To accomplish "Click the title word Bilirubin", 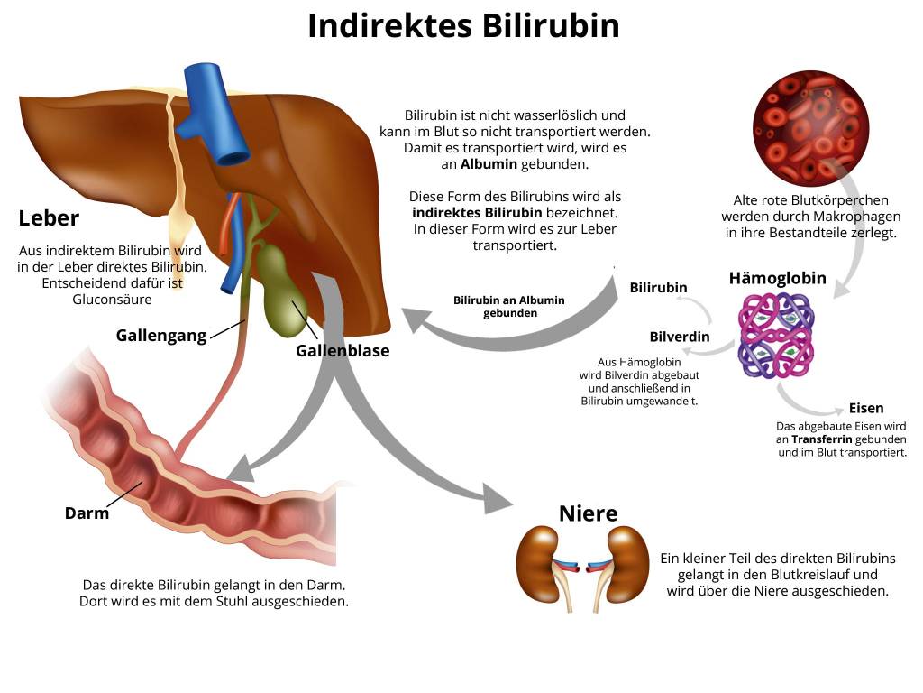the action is pyautogui.click(x=551, y=26).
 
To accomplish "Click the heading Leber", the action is pyautogui.click(x=49, y=218).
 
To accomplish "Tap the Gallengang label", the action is pyautogui.click(x=161, y=336).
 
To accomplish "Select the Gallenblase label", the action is pyautogui.click(x=343, y=351).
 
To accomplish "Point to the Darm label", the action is pyautogui.click(x=87, y=513).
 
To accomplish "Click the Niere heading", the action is pyautogui.click(x=588, y=513).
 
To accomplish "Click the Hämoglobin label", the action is pyautogui.click(x=778, y=278).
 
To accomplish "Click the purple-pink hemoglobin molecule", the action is pyautogui.click(x=776, y=336).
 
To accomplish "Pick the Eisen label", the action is pyautogui.click(x=866, y=408).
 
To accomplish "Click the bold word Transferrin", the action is pyautogui.click(x=822, y=439).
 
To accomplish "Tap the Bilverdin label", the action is pyautogui.click(x=680, y=337).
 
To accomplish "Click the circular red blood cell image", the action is pyautogui.click(x=810, y=129).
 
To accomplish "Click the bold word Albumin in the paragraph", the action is pyautogui.click(x=489, y=164).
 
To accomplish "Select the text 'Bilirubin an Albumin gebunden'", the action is pyautogui.click(x=509, y=307).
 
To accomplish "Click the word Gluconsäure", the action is pyautogui.click(x=112, y=300).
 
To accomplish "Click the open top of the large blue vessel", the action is pyautogui.click(x=233, y=159).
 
